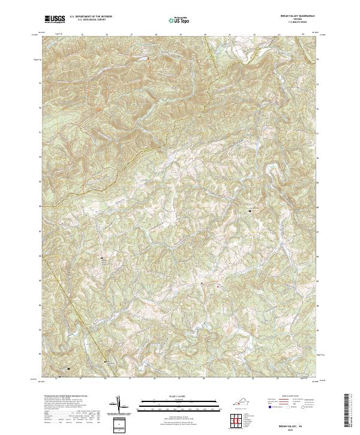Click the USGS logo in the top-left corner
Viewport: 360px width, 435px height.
(55, 19)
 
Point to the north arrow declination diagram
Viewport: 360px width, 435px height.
(119, 405)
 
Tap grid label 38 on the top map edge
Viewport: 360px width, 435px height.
(155, 35)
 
